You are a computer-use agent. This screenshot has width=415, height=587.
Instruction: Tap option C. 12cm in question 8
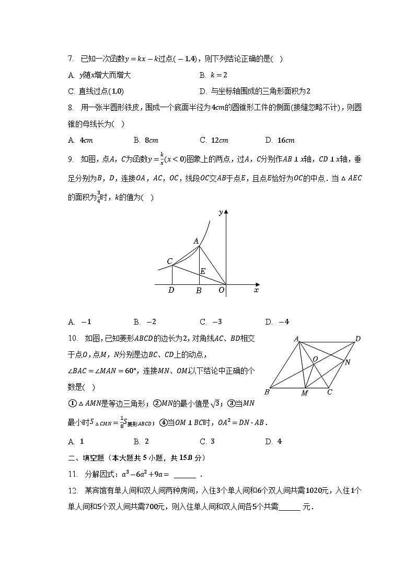coord(214,140)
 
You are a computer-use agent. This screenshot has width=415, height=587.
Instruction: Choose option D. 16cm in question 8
coord(280,140)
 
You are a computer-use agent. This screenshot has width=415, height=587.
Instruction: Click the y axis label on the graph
coord(221,212)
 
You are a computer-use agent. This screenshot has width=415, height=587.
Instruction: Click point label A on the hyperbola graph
coord(196,241)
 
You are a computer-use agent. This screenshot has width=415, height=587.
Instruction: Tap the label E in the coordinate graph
coord(203,271)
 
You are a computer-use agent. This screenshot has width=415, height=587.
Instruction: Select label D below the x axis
coord(171,290)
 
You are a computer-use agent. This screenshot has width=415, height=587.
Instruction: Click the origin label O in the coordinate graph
coord(221,290)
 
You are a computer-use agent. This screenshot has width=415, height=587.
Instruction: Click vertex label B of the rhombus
coord(267,392)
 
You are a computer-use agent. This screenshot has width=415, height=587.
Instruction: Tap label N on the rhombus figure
coord(348,362)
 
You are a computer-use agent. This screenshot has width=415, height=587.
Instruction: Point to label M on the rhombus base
coord(304,393)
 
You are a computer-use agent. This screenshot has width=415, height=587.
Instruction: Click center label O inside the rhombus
coord(315,359)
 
